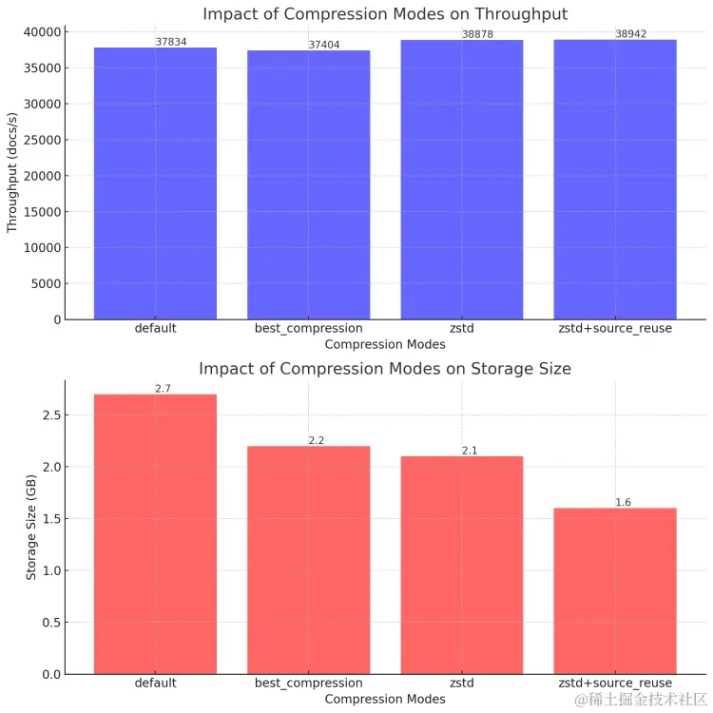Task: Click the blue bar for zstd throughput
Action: point(461,180)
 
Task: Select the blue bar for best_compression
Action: point(308,184)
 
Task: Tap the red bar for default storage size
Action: point(155,533)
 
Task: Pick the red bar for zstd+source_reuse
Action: point(615,590)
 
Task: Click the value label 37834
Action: point(171,42)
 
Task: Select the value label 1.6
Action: point(623,502)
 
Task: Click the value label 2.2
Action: point(317,440)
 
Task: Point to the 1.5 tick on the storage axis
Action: point(52,519)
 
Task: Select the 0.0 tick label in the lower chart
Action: point(52,674)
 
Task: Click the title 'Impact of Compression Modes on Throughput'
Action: point(385,13)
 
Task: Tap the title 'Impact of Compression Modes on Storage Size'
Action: point(385,368)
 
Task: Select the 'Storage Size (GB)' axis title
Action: point(30,528)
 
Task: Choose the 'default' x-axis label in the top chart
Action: point(155,329)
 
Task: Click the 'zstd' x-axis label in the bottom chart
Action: point(461,684)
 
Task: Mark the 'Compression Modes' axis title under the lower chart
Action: point(385,699)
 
